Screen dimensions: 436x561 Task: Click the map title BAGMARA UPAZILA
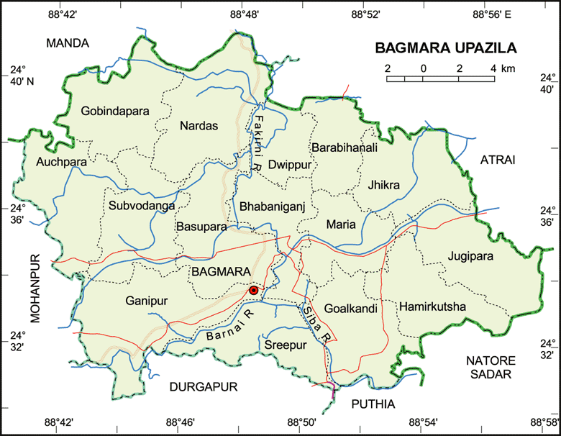coord(446,49)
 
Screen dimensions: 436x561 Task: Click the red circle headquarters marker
coord(253,290)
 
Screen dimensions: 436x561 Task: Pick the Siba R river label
coord(316,322)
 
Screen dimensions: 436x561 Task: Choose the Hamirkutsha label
coord(432,307)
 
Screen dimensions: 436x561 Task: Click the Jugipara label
coord(470,255)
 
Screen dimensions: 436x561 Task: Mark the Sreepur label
coord(286,345)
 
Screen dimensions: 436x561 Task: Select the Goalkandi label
coord(351,309)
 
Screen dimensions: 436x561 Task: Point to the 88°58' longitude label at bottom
coord(545,423)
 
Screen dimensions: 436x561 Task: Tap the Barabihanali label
coord(345,147)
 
